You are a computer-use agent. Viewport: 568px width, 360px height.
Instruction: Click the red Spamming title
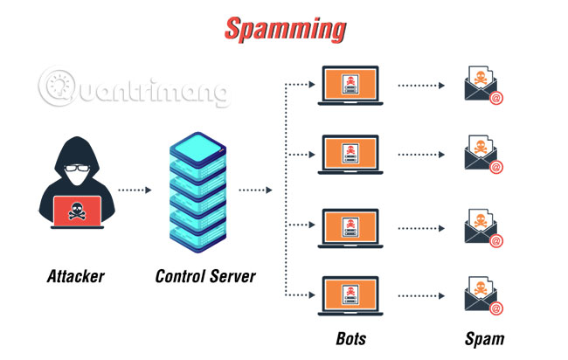pyautogui.click(x=284, y=29)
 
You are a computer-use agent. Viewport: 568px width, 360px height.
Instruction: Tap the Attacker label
pyautogui.click(x=75, y=277)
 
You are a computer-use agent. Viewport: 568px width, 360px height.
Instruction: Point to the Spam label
pyautogui.click(x=485, y=338)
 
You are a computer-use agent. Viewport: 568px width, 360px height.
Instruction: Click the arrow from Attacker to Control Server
pyautogui.click(x=135, y=190)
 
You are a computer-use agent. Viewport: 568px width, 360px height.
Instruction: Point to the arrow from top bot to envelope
pyautogui.click(x=425, y=86)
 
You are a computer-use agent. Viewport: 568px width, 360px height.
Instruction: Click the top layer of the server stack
pyautogui.click(x=200, y=143)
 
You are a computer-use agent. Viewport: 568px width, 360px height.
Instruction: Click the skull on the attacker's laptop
pyautogui.click(x=76, y=211)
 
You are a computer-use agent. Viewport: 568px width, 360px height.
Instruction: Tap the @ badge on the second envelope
pyautogui.click(x=496, y=167)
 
